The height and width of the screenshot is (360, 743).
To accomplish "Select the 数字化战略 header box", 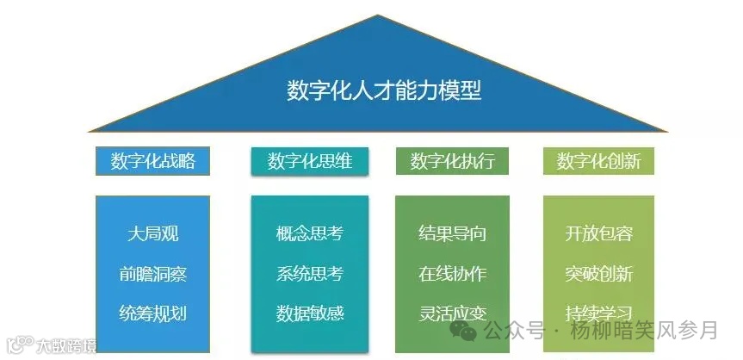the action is (x=152, y=161).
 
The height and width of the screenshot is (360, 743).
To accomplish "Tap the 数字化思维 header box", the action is (x=310, y=161).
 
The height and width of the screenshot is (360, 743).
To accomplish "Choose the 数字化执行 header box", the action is (x=452, y=161).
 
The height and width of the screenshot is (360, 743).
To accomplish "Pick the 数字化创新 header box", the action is (x=598, y=161).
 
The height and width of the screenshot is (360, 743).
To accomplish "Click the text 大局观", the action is (x=152, y=233).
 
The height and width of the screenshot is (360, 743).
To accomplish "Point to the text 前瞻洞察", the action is (x=152, y=274).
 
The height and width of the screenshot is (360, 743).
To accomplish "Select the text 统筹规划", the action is (x=152, y=313).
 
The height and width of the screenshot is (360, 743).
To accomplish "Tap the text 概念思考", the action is (x=310, y=233).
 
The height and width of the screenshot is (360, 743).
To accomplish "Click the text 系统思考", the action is (x=310, y=274).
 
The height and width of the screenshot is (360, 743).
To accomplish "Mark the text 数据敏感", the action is (x=310, y=313).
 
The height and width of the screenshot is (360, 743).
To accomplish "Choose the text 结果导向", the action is (x=452, y=233).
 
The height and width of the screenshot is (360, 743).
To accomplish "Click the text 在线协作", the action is (x=452, y=274).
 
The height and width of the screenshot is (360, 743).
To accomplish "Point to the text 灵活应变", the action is (x=452, y=313).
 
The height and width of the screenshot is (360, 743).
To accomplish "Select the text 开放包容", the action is (x=598, y=233).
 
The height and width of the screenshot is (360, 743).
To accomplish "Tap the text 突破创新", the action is (x=598, y=274).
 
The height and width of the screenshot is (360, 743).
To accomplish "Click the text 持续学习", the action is (x=598, y=313).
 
